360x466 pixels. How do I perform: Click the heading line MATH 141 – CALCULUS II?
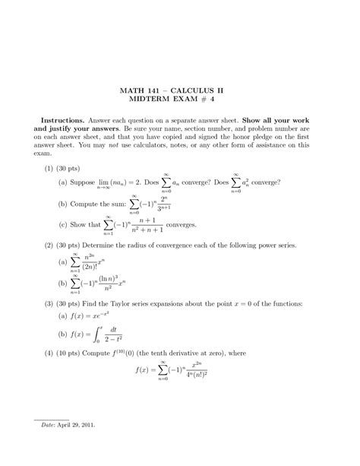point(179,90)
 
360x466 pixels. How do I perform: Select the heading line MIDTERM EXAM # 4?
point(179,101)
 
